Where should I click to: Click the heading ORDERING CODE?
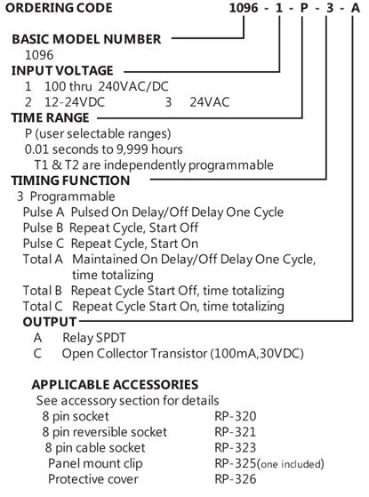click(59, 8)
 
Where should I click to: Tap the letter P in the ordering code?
click(304, 8)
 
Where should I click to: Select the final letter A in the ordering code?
click(356, 8)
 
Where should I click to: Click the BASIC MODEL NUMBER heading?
click(86, 39)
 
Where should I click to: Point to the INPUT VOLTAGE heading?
click(62, 70)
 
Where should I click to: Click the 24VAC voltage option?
click(210, 102)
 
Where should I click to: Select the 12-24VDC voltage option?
click(75, 102)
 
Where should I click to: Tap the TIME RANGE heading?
click(51, 117)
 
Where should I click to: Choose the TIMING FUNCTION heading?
click(71, 180)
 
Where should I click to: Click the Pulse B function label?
click(43, 228)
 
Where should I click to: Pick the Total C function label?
click(43, 306)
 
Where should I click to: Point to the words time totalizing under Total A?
click(113, 275)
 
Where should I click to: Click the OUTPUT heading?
click(50, 322)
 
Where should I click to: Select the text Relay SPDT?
click(94, 338)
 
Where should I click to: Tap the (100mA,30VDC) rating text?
click(257, 353)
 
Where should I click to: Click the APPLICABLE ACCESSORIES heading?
click(115, 384)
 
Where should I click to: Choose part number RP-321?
click(236, 432)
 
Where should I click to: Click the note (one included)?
click(291, 464)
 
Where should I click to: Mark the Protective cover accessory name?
click(93, 479)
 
